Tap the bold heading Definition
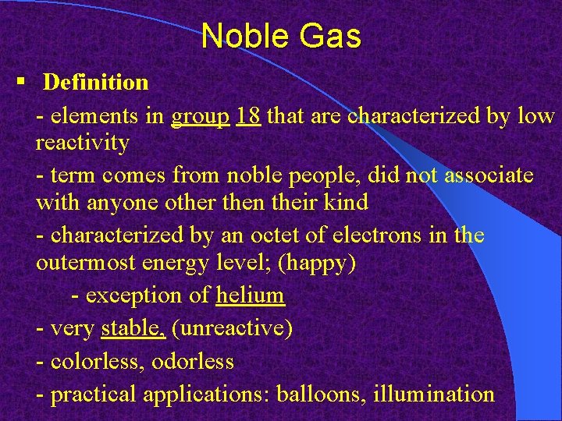(95, 82)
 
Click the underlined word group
(201, 117)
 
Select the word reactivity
(83, 143)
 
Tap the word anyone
(119, 203)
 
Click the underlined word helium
(251, 295)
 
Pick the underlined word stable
(133, 328)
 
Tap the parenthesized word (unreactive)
(232, 328)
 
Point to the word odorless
(192, 361)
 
